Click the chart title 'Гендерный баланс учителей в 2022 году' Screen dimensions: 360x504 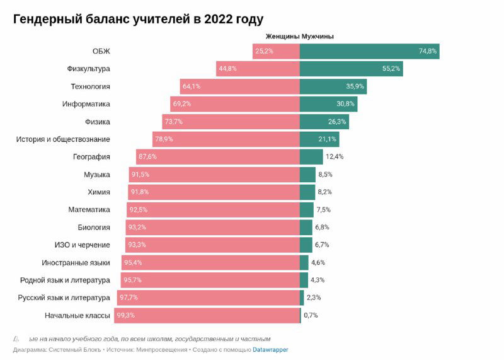click(x=138, y=20)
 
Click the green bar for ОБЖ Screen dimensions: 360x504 click(x=369, y=51)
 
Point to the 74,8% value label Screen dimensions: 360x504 click(x=428, y=51)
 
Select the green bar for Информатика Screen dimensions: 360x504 click(x=328, y=104)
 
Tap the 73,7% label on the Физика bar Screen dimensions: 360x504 click(x=173, y=122)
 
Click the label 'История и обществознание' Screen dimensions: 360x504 click(x=63, y=139)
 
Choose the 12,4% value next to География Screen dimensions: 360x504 click(x=335, y=157)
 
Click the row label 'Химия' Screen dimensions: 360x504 click(x=99, y=192)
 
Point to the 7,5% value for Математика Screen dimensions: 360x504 click(x=323, y=210)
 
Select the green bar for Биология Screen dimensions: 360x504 click(x=306, y=227)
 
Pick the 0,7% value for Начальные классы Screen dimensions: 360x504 click(x=311, y=315)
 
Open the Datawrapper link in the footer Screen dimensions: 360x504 click(x=270, y=349)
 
